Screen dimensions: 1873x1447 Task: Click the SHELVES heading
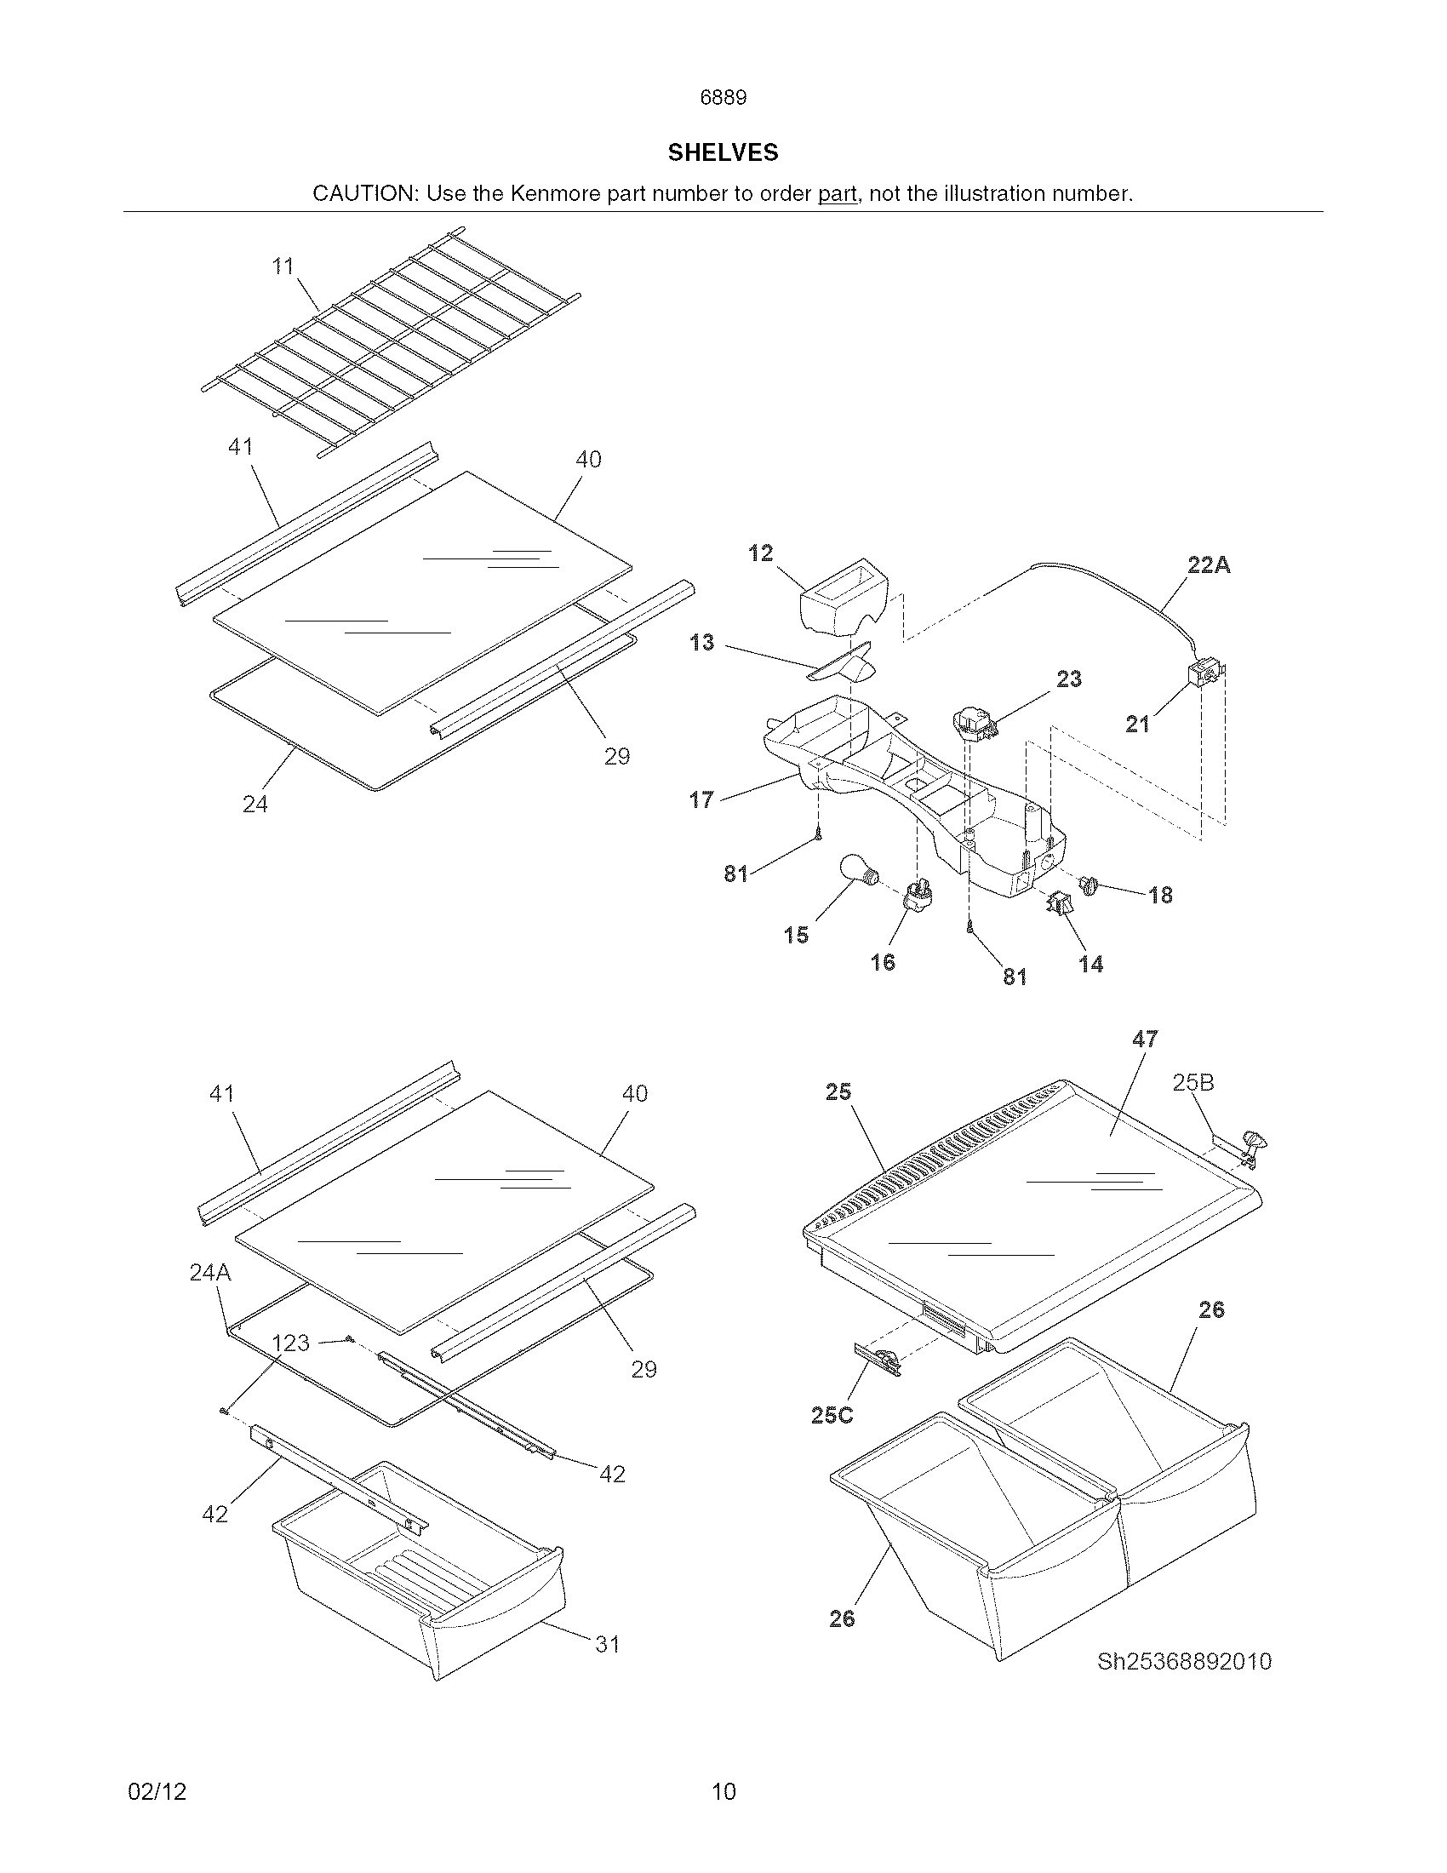pos(723,152)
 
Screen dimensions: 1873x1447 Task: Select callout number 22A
pos(1209,565)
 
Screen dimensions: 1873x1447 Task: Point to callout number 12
pos(760,553)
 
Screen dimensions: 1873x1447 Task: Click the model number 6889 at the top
pos(723,98)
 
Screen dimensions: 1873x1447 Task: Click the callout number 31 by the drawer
pos(607,1645)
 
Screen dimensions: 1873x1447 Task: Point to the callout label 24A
pos(210,1273)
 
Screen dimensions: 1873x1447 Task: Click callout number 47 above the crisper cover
pos(1144,1040)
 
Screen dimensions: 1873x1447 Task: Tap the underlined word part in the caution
pos(837,194)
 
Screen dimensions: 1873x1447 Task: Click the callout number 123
pos(289,1343)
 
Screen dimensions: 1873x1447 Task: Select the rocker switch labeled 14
pos(1060,902)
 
